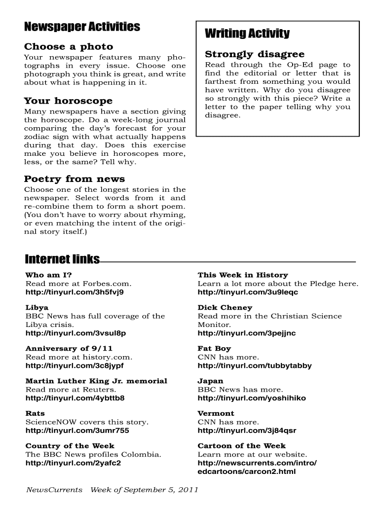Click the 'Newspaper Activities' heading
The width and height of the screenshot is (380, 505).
82,27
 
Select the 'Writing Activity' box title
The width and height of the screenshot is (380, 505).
247,34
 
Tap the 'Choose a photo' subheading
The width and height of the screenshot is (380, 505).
69,47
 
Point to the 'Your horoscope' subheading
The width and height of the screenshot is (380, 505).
69,101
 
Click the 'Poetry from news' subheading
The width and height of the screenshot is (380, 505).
75,179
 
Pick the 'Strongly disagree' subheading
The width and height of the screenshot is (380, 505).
255,54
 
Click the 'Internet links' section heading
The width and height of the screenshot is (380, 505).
62,260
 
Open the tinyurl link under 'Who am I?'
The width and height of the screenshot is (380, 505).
75,292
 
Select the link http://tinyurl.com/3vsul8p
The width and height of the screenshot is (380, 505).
76,333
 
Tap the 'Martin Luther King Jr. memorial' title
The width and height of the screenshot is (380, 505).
96,381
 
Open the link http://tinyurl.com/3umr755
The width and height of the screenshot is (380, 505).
77,431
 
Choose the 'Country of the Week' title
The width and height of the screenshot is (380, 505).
70,445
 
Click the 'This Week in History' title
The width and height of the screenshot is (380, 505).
242,275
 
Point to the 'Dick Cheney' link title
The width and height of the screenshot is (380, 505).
225,308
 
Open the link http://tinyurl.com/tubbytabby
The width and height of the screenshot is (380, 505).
255,366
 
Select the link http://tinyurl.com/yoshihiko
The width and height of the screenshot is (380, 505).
252,398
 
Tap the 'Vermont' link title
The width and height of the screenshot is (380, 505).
216,413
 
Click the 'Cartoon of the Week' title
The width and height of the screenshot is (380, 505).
241,445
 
